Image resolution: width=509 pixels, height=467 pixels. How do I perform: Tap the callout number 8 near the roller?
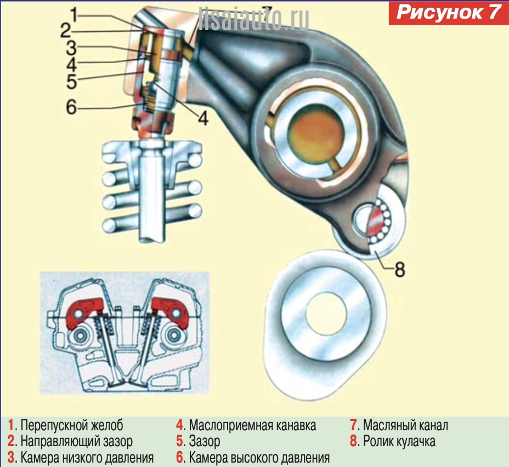coord(399,269)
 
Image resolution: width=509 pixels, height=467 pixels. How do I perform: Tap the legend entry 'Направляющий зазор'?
coord(76,441)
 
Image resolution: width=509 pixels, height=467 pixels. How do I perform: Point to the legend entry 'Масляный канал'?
coord(405,425)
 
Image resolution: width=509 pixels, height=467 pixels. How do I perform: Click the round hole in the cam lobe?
coord(326,316)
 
